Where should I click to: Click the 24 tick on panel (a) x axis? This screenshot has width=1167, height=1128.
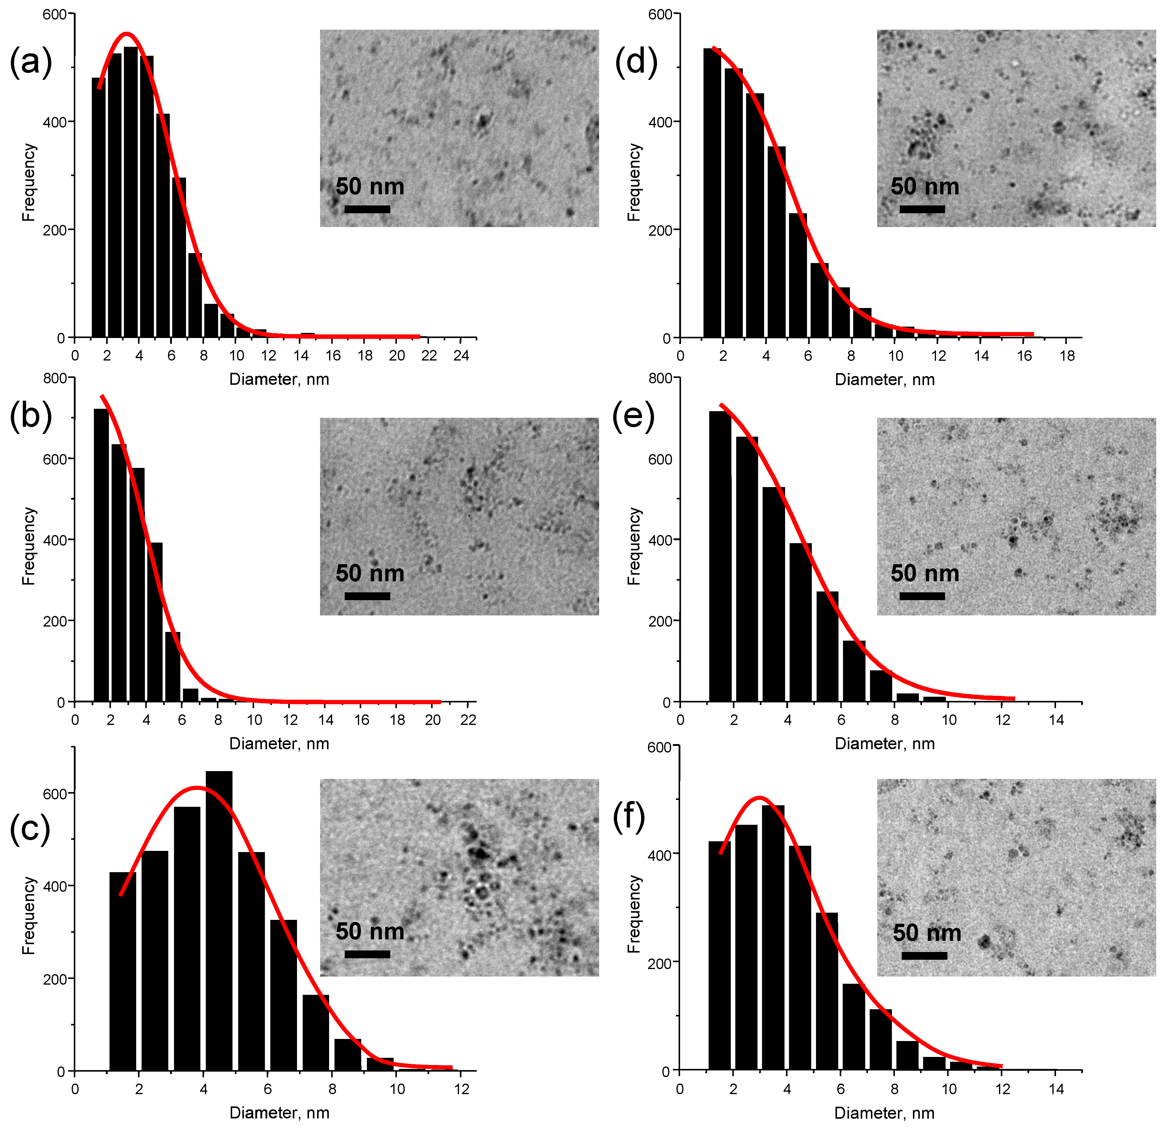pyautogui.click(x=461, y=356)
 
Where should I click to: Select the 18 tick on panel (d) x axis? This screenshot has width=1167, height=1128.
pyautogui.click(x=1068, y=356)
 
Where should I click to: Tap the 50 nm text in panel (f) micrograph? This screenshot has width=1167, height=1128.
pyautogui.click(x=926, y=933)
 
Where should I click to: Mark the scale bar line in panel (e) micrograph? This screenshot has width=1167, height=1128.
pyautogui.click(x=922, y=596)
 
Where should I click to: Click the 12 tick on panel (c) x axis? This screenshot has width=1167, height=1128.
pyautogui.click(x=461, y=1089)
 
